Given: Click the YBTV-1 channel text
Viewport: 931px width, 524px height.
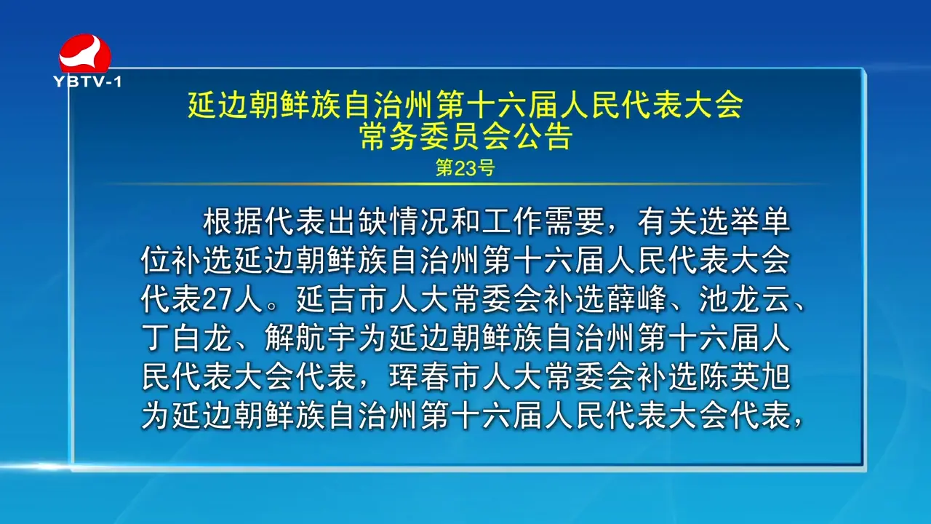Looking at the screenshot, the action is coord(88,82).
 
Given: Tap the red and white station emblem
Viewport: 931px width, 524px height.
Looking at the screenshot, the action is coord(85,54).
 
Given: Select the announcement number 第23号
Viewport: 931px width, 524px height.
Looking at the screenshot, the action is coord(465,168).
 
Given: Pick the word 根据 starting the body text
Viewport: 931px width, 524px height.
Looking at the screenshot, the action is coord(233,222).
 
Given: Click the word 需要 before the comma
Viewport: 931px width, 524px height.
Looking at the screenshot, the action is coord(575,222).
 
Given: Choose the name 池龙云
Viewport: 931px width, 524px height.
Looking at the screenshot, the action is coord(746,299).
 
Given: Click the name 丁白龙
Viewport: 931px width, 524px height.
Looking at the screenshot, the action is coord(187,338).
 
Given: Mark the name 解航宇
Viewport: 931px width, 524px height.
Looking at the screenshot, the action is coord(311,338).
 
